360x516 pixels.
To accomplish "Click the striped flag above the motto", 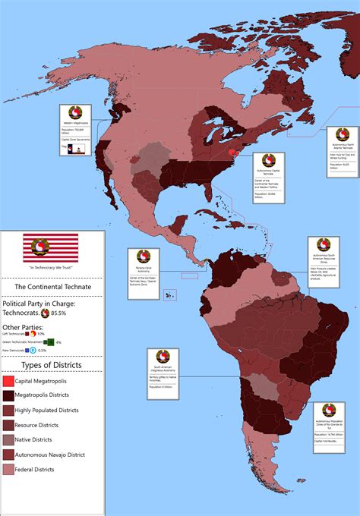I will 52,246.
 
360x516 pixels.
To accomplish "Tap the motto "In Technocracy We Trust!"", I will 52,266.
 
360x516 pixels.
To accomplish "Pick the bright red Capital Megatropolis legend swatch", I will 8,381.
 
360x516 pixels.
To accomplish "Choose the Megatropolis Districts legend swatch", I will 8,395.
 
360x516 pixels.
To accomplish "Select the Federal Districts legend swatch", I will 8,470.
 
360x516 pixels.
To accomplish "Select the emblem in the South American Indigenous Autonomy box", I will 163,357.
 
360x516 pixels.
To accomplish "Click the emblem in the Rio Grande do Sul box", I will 329,410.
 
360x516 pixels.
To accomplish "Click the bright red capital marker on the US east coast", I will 233,153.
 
